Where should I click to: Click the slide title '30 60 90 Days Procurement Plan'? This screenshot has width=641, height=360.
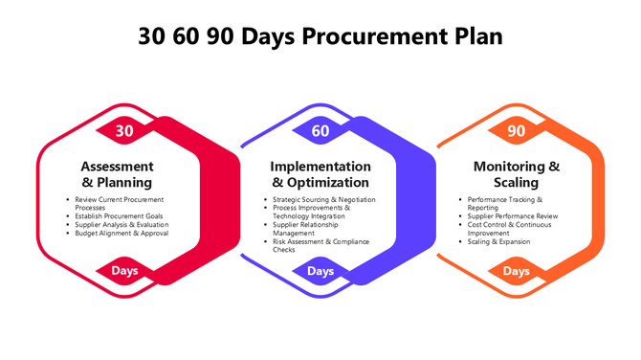(320, 35)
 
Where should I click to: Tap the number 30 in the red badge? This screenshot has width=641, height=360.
(124, 130)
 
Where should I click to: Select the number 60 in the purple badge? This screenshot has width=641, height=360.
(320, 130)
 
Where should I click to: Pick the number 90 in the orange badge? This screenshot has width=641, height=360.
(517, 130)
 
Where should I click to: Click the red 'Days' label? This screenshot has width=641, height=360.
(124, 271)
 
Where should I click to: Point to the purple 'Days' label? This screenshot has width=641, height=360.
(320, 271)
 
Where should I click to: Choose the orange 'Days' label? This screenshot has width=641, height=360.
(517, 271)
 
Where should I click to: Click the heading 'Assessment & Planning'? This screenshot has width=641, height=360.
(117, 173)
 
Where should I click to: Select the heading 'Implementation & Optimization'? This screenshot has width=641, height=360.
(320, 173)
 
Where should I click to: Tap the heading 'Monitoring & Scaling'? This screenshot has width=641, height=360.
(517, 173)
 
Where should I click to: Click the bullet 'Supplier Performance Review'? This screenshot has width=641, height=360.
(512, 216)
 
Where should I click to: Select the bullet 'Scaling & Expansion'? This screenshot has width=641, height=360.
(498, 241)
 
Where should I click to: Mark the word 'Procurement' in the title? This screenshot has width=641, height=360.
(382, 35)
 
